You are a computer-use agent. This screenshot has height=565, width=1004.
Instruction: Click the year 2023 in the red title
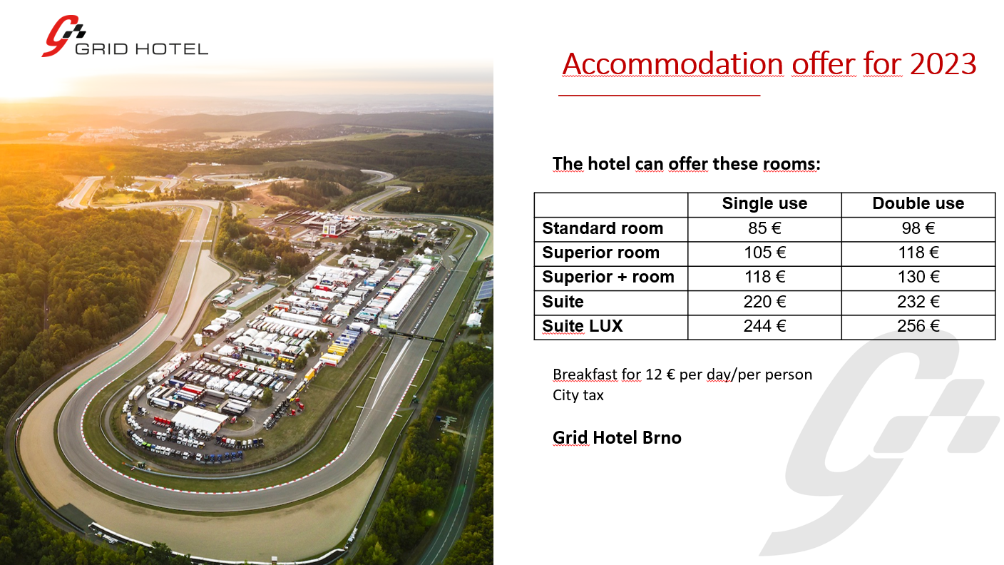(x=943, y=63)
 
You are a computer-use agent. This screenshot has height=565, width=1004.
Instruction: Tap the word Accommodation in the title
(x=672, y=63)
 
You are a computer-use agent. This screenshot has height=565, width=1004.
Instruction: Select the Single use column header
(x=764, y=203)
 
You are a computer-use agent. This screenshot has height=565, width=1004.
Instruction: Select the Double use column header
(x=918, y=203)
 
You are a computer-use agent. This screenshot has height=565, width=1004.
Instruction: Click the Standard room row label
(x=603, y=228)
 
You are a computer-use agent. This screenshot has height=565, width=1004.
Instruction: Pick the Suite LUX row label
(x=583, y=326)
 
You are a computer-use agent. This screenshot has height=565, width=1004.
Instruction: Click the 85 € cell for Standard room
(x=764, y=228)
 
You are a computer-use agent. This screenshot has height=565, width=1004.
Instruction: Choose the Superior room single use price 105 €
(x=764, y=253)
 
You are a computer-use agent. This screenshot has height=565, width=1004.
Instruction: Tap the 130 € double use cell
(x=918, y=277)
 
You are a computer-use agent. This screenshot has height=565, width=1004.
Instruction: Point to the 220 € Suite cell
(x=764, y=302)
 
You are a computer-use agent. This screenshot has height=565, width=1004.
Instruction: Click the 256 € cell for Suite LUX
(x=918, y=326)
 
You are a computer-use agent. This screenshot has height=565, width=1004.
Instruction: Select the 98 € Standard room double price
(x=918, y=228)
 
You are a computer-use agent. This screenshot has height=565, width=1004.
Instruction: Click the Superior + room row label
(x=608, y=277)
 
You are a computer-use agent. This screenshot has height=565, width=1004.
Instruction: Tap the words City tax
(x=578, y=395)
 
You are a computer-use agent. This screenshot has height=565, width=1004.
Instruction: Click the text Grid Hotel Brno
(x=617, y=437)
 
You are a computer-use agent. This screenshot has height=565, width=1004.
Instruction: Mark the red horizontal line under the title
(x=660, y=96)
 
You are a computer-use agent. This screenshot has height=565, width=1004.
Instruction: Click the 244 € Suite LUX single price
(x=764, y=326)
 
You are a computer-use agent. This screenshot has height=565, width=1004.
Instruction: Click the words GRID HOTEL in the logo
(x=142, y=49)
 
